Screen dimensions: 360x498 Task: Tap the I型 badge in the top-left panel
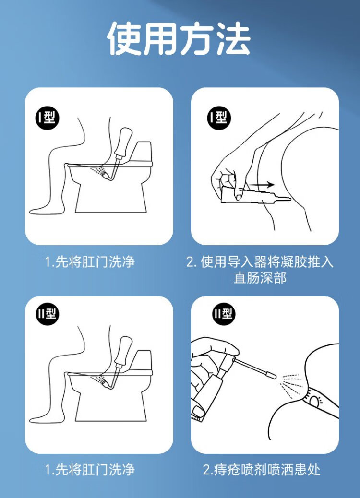[47, 119]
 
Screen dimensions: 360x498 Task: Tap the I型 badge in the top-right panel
[219, 119]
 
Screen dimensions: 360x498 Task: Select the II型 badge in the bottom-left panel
[47, 314]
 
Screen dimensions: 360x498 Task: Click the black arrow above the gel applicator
[261, 184]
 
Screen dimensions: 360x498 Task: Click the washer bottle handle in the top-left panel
[123, 142]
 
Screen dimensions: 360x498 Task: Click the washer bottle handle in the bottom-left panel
[123, 351]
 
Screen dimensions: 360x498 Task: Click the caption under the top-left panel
[90, 262]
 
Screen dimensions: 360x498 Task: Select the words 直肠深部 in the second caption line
[260, 278]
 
